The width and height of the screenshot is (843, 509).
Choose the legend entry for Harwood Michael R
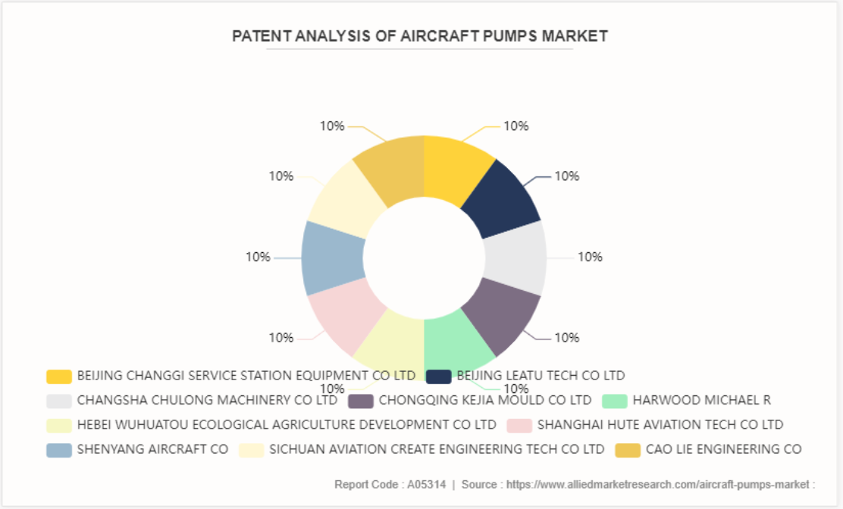[701, 399]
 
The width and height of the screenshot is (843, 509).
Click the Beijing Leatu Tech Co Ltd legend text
[541, 375]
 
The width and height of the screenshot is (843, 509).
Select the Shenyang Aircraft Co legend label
[152, 448]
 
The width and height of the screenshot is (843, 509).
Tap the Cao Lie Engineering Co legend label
[723, 448]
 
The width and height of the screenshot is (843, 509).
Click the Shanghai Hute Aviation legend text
[660, 424]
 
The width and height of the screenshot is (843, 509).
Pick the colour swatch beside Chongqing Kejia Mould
[361, 400]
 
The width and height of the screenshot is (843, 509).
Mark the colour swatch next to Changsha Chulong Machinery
[59, 400]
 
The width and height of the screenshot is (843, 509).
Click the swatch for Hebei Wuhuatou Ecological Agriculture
[59, 425]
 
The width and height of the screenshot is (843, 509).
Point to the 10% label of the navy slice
[567, 176]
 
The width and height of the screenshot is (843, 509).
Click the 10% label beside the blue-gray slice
[258, 257]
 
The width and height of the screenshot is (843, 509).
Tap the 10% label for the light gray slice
[590, 257]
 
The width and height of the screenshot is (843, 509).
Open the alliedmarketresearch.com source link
[660, 484]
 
